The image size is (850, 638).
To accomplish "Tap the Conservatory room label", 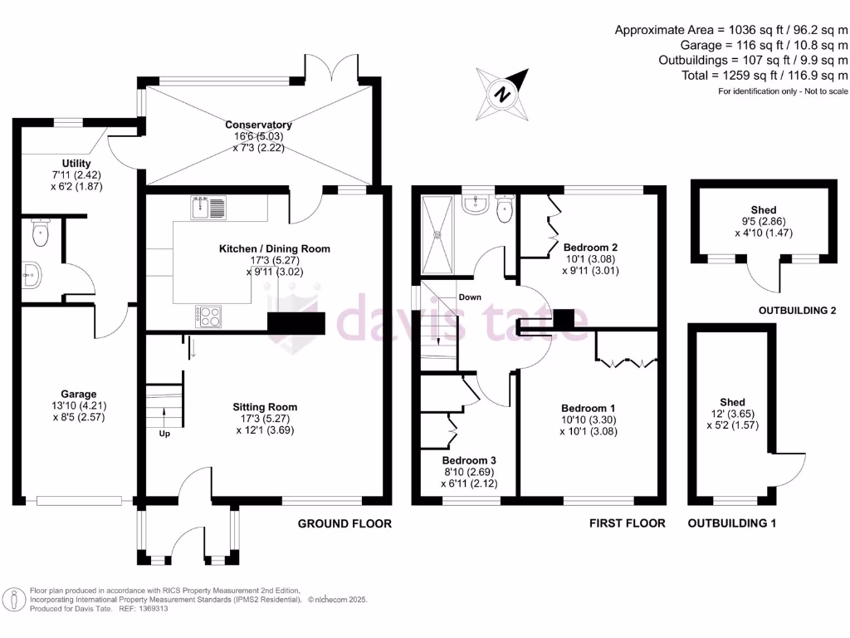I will (258, 125).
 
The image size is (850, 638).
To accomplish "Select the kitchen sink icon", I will (208, 207).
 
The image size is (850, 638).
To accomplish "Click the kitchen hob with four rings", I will (209, 316).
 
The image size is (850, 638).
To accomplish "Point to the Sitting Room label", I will (265, 407).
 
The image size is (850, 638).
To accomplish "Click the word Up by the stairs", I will (164, 433).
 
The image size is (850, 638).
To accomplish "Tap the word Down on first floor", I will (470, 297).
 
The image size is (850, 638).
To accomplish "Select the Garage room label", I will (79, 394).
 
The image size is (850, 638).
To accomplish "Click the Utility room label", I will (76, 164).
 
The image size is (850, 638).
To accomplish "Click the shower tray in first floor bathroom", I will (438, 235).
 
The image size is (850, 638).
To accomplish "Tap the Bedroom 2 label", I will (590, 247).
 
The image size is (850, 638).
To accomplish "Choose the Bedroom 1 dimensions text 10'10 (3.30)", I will (588, 420).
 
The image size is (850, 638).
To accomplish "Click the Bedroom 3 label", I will (469, 460).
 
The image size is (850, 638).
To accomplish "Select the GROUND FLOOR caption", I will (344, 523).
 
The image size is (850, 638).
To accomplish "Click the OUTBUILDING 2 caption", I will (797, 311).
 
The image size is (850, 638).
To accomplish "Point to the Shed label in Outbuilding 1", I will (732, 402).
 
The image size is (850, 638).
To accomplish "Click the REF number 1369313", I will (151, 608).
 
